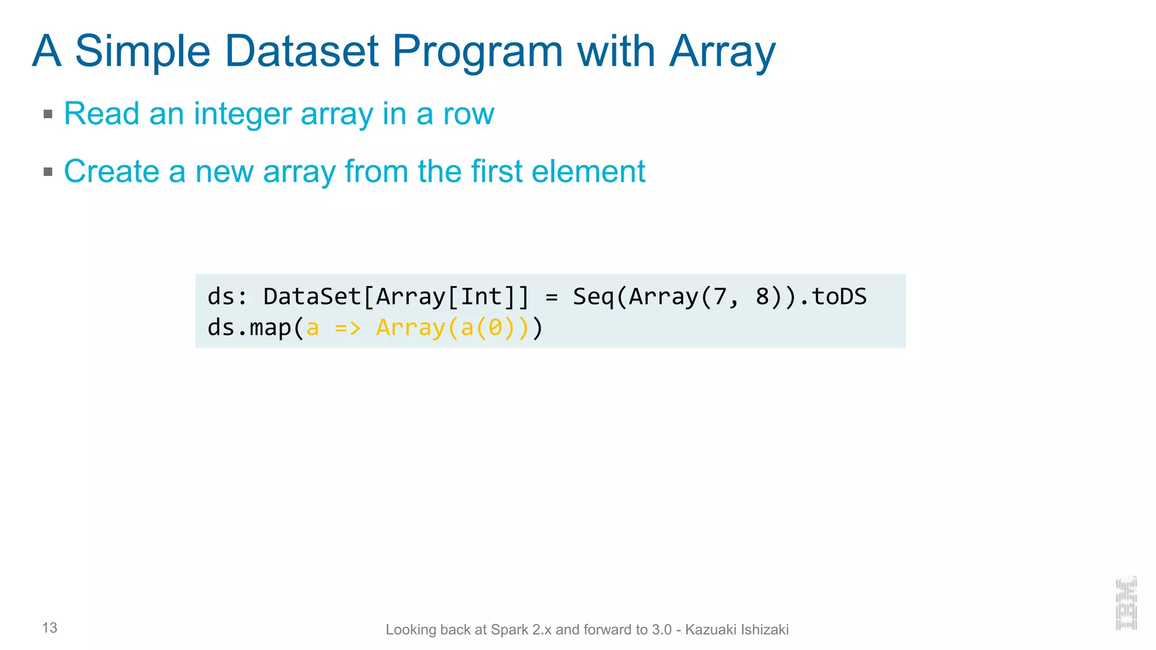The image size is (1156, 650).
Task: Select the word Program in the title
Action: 478,52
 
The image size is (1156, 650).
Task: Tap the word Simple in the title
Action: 142,52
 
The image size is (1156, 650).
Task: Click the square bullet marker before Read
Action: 48,115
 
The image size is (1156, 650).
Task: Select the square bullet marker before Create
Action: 48,172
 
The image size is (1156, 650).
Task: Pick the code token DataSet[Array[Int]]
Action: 396,297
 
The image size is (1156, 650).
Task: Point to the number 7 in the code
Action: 720,297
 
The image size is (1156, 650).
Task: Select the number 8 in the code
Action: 762,297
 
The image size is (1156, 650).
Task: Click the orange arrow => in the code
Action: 347,328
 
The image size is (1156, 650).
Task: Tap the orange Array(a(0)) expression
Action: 452,328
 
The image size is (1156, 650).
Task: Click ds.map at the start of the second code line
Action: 249,328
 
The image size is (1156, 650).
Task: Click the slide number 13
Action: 50,628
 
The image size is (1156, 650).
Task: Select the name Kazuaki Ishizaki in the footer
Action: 737,630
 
